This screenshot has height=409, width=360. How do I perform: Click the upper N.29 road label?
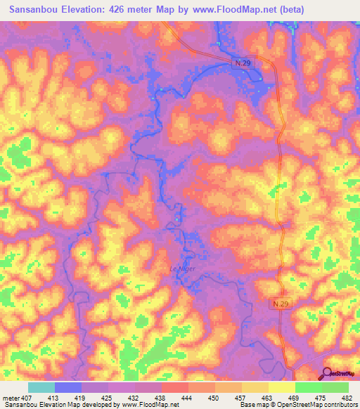243,63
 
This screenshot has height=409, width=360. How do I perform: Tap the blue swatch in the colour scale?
67,387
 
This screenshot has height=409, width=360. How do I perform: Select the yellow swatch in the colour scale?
281,387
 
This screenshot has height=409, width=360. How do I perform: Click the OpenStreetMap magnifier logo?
326,374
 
